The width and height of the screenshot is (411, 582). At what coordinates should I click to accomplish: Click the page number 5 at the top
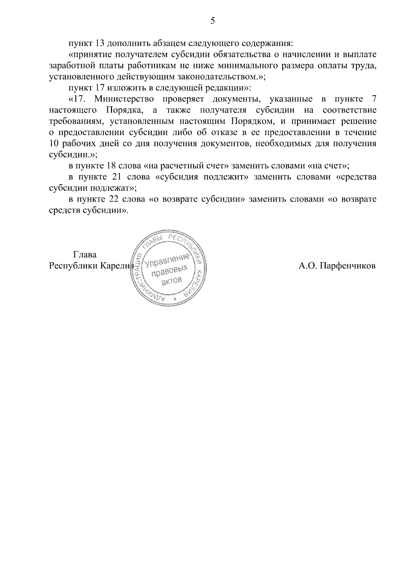pos(213,21)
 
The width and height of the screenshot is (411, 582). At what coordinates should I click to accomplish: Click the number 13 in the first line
pos(98,44)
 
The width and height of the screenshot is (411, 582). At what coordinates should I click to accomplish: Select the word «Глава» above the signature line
pos(85,255)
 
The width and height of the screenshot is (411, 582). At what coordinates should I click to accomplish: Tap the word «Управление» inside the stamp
pos(167,260)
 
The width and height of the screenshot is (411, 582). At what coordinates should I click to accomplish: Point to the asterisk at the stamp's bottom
pos(175,300)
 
